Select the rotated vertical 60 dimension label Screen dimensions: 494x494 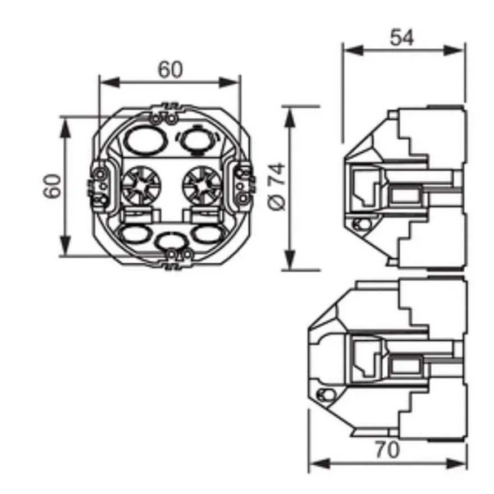coord(52,186)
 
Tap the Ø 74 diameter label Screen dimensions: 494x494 coord(277,186)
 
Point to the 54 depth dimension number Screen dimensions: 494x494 coord(402,38)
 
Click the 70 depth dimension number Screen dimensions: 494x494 coord(387,450)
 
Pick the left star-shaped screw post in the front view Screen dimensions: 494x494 coord(141,185)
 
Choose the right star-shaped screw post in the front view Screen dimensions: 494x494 coord(202,185)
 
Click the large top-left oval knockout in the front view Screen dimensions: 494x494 coord(146,140)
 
